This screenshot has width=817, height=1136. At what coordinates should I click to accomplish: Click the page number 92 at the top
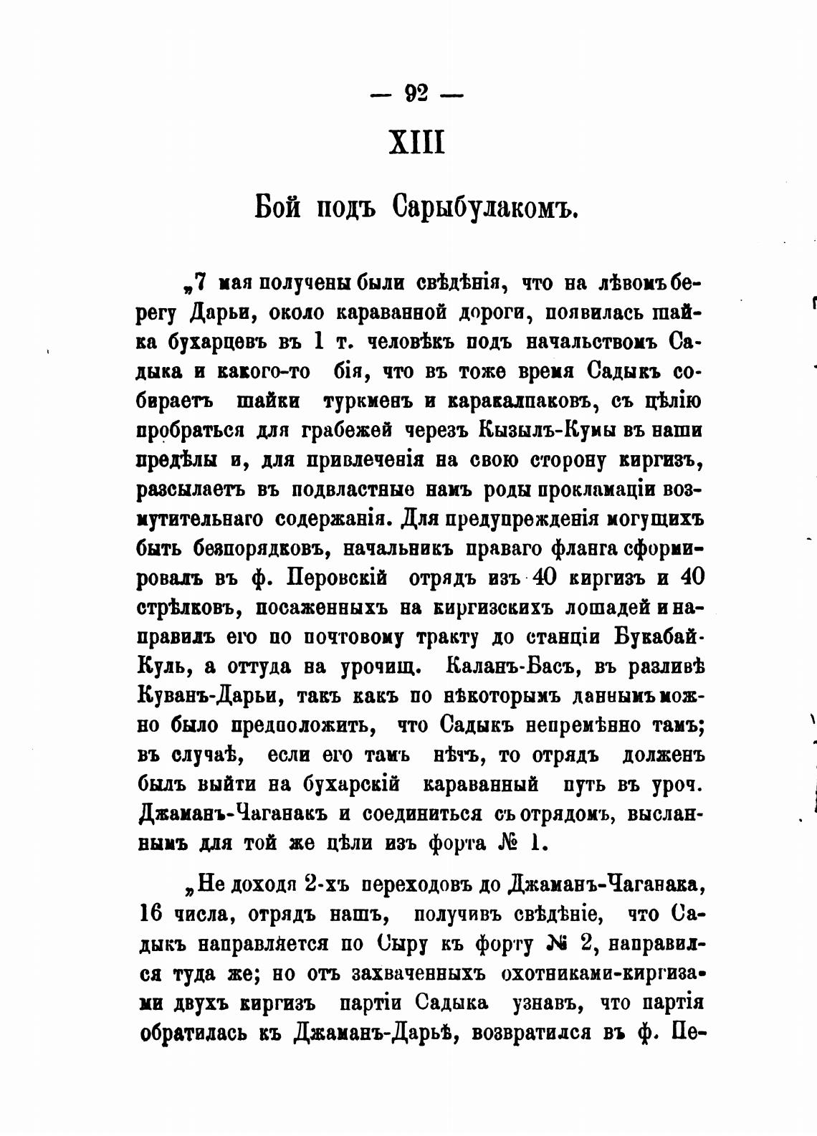pyautogui.click(x=416, y=93)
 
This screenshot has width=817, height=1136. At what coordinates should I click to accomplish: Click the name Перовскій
pyautogui.click(x=338, y=578)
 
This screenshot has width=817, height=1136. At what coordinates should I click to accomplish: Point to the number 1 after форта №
pyautogui.click(x=535, y=843)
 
